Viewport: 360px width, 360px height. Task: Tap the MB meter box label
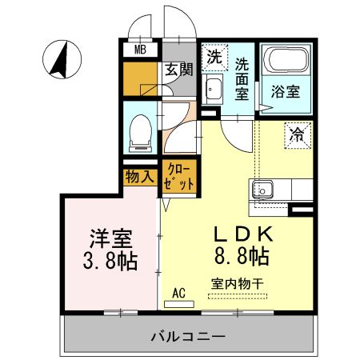point(140,50)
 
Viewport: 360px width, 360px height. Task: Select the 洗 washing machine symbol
point(214,57)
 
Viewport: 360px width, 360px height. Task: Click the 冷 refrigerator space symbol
point(297,135)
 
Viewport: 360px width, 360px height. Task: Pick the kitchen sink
point(263,190)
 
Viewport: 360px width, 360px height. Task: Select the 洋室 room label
point(110,238)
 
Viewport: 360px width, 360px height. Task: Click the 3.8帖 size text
point(109,261)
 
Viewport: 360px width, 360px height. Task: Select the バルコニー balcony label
point(188,336)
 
